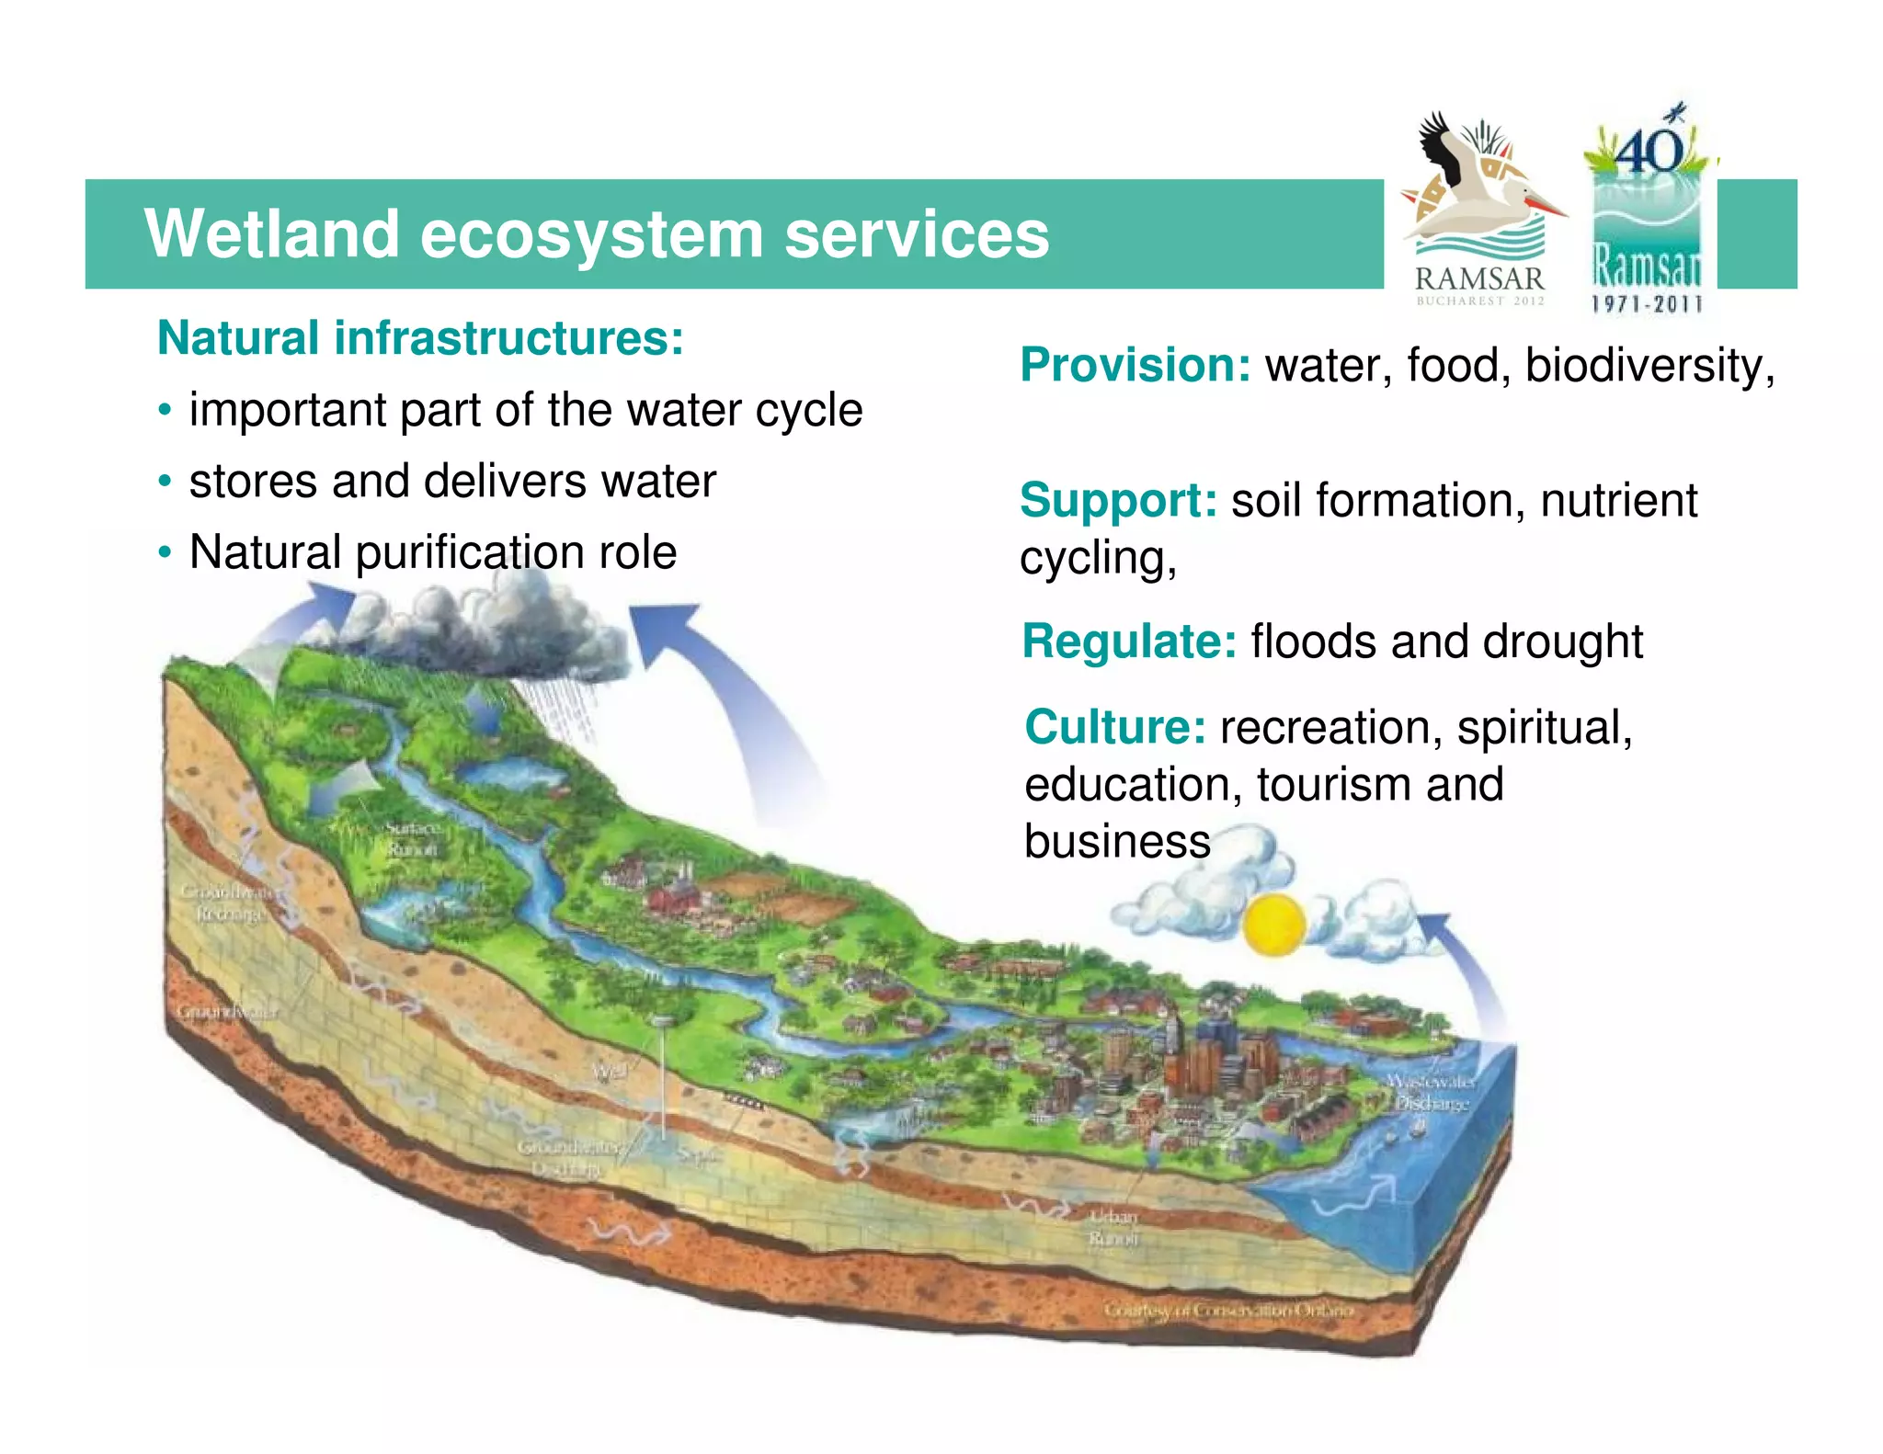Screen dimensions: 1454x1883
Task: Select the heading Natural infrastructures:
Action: (420, 337)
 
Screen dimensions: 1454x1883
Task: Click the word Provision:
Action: (1135, 365)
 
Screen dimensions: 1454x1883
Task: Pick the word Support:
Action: (1118, 500)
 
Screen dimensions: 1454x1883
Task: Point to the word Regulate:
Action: (1129, 641)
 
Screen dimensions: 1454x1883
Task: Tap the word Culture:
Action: (1115, 727)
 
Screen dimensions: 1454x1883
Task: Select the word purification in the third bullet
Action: (469, 552)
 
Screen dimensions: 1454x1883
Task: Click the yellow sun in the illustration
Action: (1273, 924)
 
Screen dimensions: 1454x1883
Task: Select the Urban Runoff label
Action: (1113, 1227)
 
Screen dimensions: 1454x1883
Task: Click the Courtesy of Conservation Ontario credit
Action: (1228, 1310)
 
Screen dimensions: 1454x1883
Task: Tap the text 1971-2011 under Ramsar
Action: (1646, 304)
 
